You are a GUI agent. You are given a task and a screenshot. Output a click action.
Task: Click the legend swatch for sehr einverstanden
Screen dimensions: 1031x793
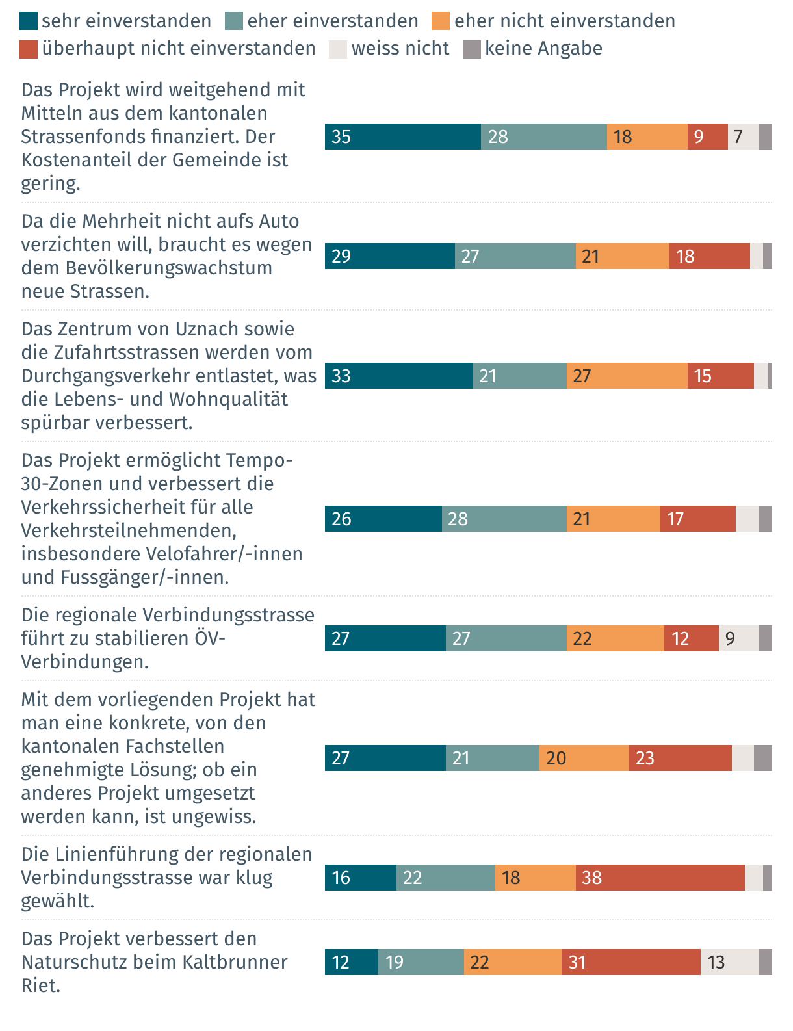click(x=29, y=21)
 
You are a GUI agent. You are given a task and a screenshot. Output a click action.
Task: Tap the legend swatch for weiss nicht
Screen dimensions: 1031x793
click(x=338, y=49)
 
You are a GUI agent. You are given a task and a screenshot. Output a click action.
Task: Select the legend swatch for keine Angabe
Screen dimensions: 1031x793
click(x=471, y=49)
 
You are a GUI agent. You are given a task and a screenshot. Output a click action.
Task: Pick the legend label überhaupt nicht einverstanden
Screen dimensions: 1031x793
click(x=179, y=49)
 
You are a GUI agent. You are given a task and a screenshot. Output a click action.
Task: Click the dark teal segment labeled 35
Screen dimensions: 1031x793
click(x=403, y=137)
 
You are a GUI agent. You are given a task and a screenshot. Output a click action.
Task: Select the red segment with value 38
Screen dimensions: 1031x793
click(x=660, y=878)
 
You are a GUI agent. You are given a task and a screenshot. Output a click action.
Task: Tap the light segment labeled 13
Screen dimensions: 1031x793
click(x=729, y=962)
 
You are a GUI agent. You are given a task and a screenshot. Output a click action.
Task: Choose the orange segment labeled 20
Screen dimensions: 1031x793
click(x=584, y=758)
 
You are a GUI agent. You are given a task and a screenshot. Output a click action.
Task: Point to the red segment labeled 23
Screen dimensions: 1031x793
click(x=680, y=758)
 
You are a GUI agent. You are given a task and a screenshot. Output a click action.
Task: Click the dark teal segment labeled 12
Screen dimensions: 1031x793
click(x=352, y=962)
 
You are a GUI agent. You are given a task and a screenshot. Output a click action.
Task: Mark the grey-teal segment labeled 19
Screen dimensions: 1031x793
click(x=421, y=962)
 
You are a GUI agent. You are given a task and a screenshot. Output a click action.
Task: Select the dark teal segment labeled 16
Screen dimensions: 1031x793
click(x=361, y=878)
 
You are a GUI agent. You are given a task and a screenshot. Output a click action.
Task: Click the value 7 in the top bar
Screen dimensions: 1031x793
click(x=738, y=137)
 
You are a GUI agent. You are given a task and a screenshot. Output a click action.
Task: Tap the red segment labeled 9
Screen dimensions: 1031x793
click(x=707, y=137)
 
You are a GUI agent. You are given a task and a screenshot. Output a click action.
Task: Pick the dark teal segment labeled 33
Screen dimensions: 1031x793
click(x=399, y=376)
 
